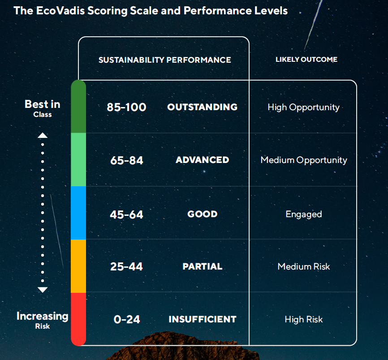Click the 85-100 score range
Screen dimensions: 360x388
point(126,107)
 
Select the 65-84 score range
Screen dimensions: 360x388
point(126,160)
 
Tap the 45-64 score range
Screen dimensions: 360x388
point(126,214)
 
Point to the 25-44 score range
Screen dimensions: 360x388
point(126,267)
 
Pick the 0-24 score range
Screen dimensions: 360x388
point(127,319)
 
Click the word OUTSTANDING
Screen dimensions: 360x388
point(202,107)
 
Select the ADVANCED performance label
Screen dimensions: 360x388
point(202,160)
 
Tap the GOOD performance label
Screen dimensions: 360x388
point(202,214)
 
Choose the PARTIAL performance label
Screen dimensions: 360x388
point(202,266)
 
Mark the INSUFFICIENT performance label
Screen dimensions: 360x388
point(202,319)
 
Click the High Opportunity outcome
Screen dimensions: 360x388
point(303,107)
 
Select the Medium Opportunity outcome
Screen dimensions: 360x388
point(303,160)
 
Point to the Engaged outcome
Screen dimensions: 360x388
point(303,214)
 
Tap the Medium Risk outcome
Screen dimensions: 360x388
point(303,267)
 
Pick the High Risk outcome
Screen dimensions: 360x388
point(303,319)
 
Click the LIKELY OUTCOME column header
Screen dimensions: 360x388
point(306,59)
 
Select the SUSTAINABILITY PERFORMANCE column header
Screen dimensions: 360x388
point(164,60)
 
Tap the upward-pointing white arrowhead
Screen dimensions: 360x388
point(43,135)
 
